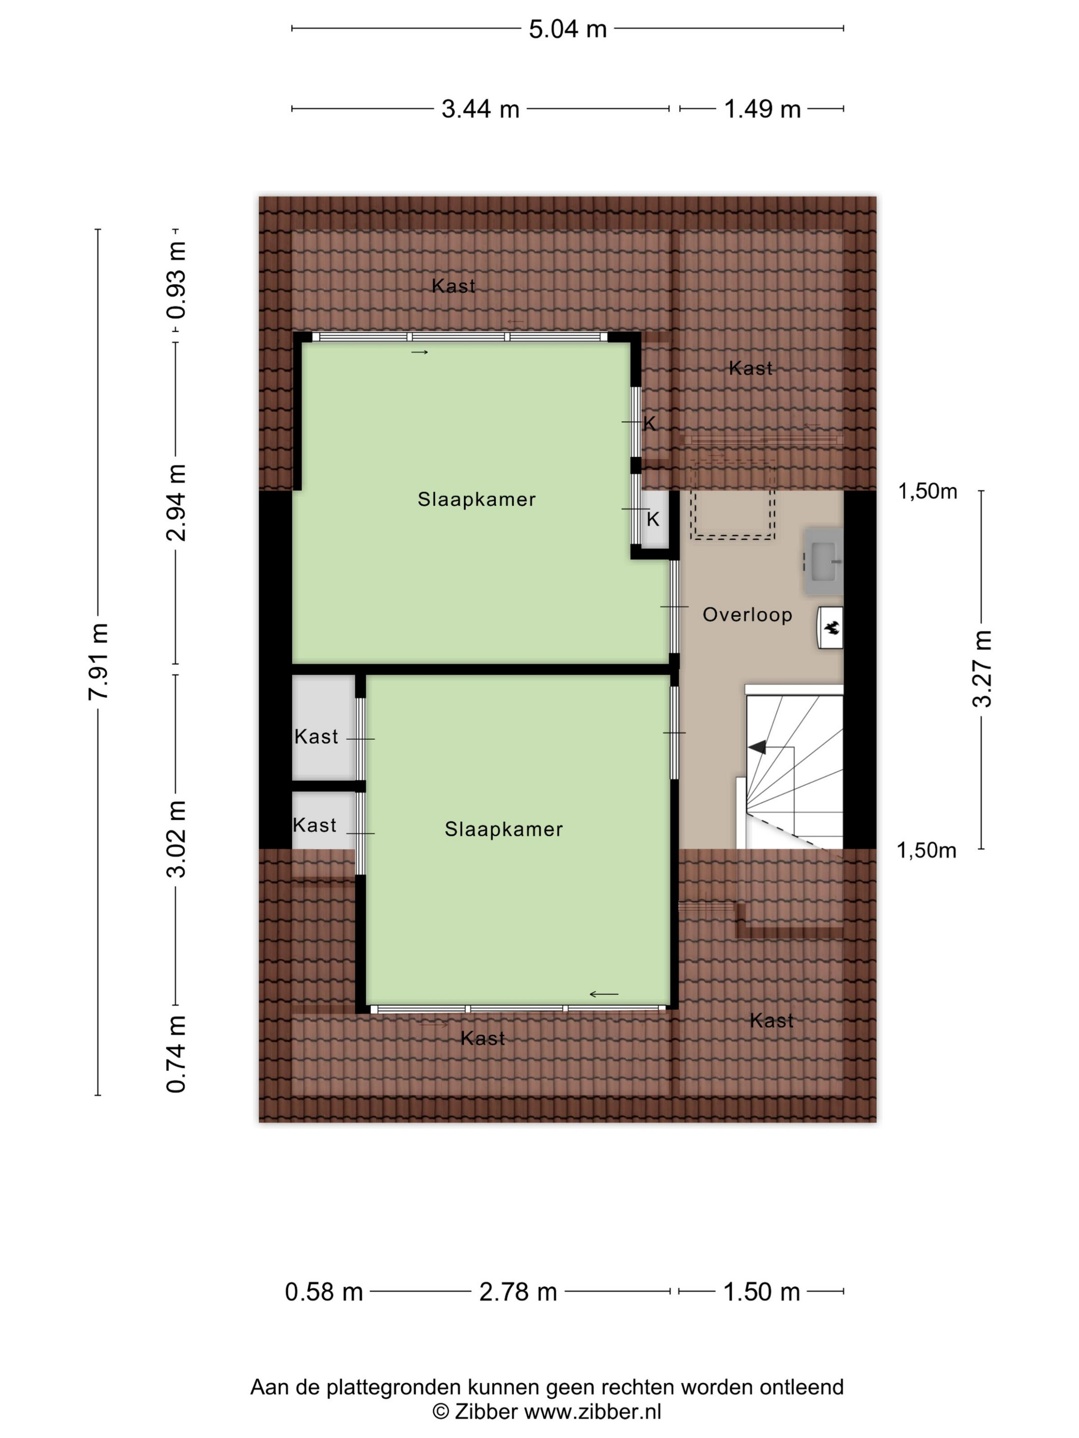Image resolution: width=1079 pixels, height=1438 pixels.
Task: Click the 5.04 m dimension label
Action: tap(567, 29)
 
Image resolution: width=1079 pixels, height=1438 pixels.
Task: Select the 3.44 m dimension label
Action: tap(480, 108)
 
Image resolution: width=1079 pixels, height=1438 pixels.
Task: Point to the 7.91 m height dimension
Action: tap(99, 661)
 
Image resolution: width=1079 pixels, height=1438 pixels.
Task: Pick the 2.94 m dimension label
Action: tap(176, 502)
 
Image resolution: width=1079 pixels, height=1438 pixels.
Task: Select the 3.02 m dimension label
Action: tap(176, 839)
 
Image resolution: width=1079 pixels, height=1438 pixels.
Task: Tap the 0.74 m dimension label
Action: tap(176, 1053)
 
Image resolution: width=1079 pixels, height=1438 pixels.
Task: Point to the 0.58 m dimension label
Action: tap(323, 1292)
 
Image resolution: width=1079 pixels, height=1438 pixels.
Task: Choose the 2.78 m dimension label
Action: tap(518, 1292)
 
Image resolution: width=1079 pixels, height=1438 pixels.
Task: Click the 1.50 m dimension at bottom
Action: tap(761, 1292)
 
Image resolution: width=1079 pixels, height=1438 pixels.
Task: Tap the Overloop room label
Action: tap(747, 614)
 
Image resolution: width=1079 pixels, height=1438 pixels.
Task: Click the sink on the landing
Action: tap(824, 560)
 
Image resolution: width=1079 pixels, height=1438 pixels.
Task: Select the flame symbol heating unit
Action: tap(830, 628)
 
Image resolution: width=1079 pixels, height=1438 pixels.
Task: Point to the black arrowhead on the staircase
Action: tap(757, 748)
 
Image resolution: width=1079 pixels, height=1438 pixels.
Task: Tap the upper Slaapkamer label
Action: tap(477, 499)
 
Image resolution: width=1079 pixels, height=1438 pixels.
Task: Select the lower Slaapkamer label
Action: tap(504, 829)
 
